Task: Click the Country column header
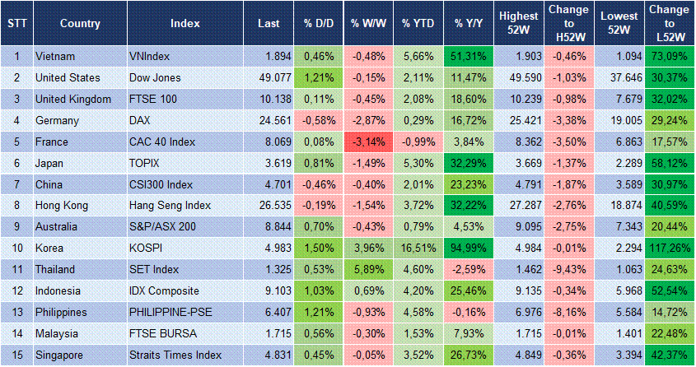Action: point(80,23)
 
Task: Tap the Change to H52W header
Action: point(568,23)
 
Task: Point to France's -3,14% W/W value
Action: point(368,142)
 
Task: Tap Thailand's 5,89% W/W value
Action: point(368,270)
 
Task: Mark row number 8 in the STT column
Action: point(16,206)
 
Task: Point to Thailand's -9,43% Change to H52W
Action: point(568,270)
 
